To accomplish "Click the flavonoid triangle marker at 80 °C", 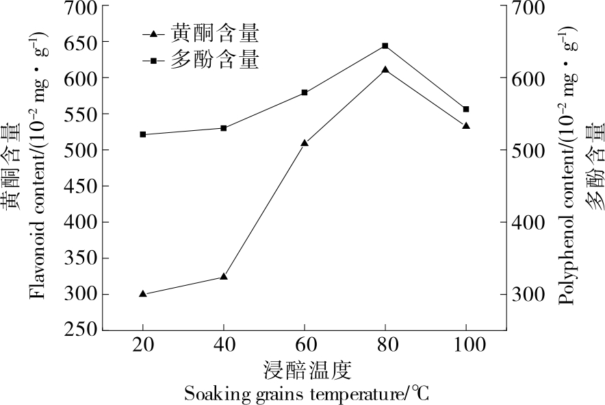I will tap(385, 70).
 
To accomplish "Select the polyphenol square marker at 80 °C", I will tap(385, 46).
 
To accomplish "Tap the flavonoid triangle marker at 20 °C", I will tap(143, 294).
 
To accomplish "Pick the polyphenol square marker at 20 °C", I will tap(143, 134).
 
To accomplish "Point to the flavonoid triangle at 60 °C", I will tap(305, 143).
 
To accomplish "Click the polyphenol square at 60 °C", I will tap(305, 93).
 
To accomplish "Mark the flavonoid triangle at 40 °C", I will tap(224, 277).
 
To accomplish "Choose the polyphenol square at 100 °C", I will tap(466, 109).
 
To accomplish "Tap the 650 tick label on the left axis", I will tap(80, 42).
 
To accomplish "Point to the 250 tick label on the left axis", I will tap(80, 330).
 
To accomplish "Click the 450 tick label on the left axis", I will tap(80, 186).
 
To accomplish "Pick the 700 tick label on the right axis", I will tap(525, 6).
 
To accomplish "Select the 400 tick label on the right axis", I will tap(525, 222).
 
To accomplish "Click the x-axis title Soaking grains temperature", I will tap(307, 394).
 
